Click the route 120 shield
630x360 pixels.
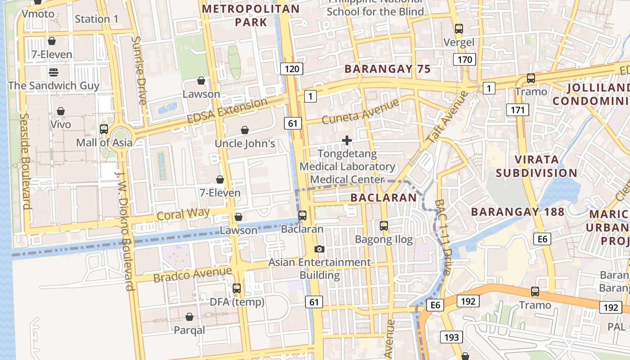coord(292,69)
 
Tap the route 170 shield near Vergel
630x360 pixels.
coord(465,59)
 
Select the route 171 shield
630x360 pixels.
coord(517,109)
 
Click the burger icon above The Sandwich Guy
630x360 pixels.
coord(54,72)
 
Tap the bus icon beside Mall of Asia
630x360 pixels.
coord(104,129)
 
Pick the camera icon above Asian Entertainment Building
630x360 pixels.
coord(319,249)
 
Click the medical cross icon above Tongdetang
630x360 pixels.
coord(347,141)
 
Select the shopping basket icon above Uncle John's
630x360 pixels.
coord(245,130)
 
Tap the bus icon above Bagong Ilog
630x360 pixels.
coord(384,226)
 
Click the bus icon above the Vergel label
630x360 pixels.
coord(459,29)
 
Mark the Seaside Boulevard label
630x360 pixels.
coord(24,161)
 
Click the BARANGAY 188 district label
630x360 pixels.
coord(517,211)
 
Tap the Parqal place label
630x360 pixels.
coord(189,330)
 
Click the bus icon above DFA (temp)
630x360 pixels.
coord(237,288)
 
